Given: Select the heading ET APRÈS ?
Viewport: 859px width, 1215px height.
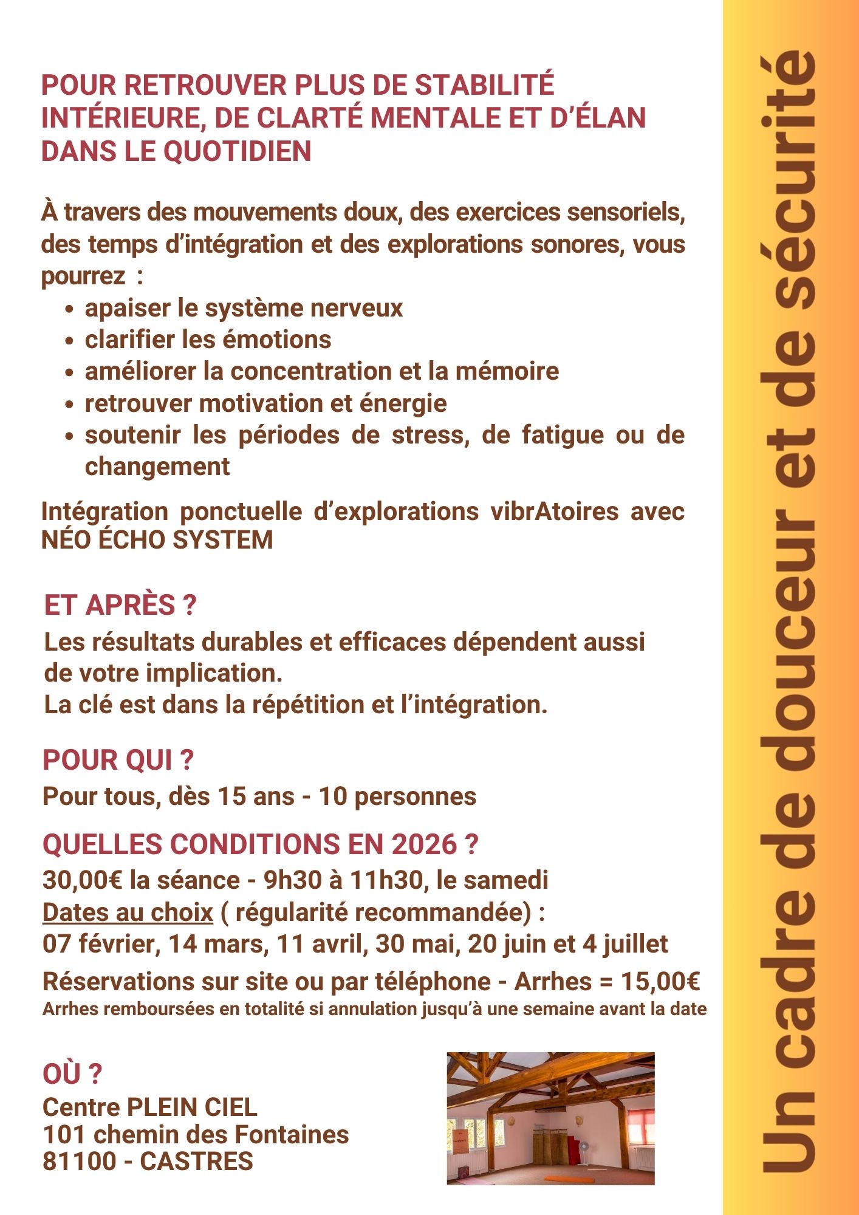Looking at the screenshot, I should click(x=120, y=605).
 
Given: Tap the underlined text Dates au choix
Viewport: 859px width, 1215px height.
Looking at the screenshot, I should click(x=128, y=912).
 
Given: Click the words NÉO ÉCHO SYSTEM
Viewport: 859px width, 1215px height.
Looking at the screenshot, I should click(x=157, y=540).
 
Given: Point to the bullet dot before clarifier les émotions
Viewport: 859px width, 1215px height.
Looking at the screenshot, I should click(x=70, y=340).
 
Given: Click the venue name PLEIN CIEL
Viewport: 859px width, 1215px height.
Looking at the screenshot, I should click(x=191, y=1107).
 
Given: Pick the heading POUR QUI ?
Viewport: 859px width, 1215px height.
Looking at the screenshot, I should click(x=118, y=760).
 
